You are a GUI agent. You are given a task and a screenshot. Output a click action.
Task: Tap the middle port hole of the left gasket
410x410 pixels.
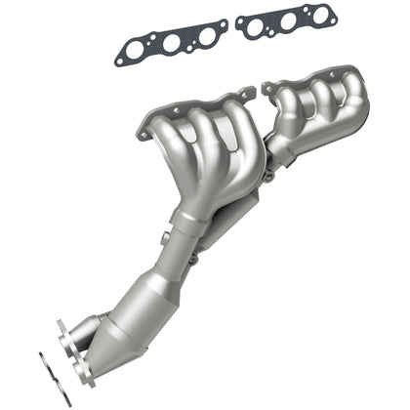(x=171, y=44)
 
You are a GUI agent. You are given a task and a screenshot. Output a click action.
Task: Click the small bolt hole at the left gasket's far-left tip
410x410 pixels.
(x=120, y=61)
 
